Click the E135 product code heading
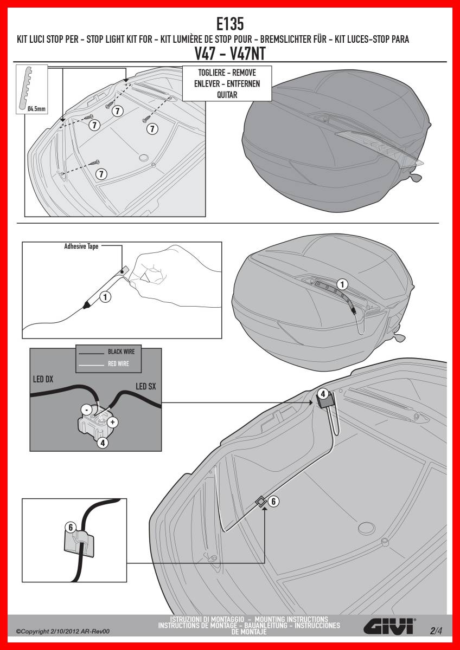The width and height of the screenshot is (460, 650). (230, 24)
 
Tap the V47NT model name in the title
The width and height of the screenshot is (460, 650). (247, 54)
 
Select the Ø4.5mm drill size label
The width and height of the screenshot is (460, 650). (36, 109)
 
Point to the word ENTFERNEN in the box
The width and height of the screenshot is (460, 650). (243, 84)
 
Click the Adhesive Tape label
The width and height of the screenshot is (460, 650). (81, 246)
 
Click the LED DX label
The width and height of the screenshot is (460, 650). (43, 379)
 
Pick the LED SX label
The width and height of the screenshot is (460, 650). (145, 386)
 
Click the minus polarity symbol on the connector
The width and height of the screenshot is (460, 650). (87, 410)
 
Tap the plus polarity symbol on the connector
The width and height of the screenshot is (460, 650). (112, 422)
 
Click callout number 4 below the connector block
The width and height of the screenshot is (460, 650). (103, 443)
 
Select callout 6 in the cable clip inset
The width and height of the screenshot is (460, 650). (71, 527)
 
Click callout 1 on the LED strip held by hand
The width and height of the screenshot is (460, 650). (105, 297)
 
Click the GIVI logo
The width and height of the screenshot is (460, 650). (389, 628)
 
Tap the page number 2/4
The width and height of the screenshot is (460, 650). (437, 630)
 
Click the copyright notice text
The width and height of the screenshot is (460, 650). (63, 632)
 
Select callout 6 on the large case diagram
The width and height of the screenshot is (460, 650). (273, 501)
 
